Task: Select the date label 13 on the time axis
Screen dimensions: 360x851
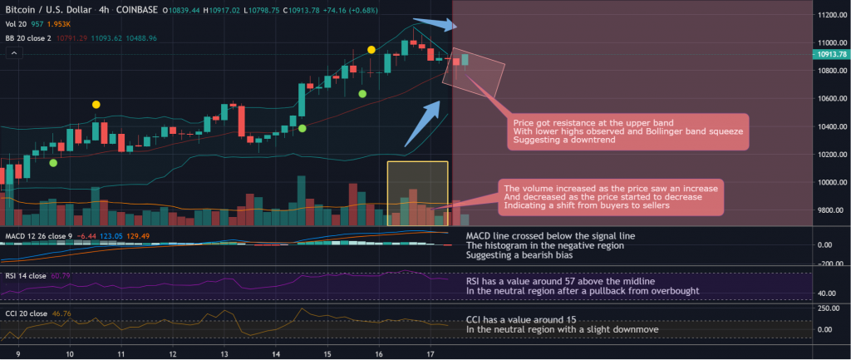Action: click(x=224, y=353)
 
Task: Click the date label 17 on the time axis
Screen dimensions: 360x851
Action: click(x=430, y=353)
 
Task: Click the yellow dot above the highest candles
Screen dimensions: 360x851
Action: click(x=371, y=50)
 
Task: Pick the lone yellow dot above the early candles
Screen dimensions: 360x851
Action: click(x=96, y=105)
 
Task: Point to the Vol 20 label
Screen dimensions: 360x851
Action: click(x=14, y=23)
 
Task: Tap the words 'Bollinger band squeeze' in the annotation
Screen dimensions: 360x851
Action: click(x=701, y=131)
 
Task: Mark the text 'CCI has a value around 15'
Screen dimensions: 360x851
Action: click(x=518, y=320)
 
